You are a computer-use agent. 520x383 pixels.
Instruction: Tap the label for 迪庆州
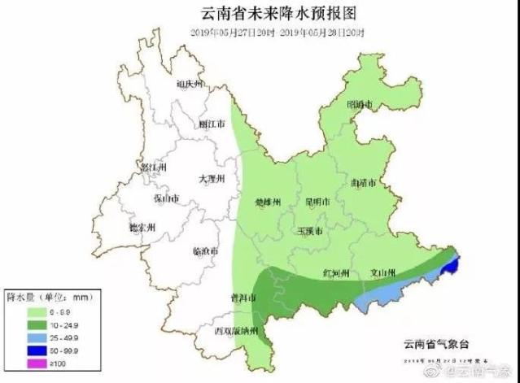(190, 84)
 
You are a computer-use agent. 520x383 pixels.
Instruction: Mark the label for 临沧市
(205, 251)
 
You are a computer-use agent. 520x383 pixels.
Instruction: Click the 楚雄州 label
(268, 202)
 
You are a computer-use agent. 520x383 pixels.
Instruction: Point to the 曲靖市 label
(363, 184)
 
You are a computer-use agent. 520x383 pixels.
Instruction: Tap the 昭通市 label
(360, 105)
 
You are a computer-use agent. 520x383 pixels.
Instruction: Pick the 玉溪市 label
(308, 232)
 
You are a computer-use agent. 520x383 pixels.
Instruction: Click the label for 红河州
(335, 272)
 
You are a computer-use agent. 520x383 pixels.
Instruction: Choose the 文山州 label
(382, 272)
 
